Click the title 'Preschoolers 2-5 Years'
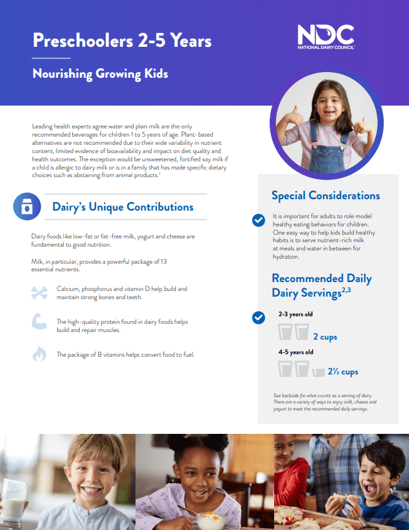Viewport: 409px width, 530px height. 122,41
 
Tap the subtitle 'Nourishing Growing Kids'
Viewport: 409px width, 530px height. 100,74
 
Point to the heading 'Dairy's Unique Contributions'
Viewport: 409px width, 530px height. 122,207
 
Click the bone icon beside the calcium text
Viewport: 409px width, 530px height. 39,292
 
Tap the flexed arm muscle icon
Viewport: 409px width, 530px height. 39,322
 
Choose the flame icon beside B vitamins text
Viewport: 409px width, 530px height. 39,354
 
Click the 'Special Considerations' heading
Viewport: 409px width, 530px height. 325,195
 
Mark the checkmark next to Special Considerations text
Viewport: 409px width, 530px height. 258,220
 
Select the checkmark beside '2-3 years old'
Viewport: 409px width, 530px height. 258,317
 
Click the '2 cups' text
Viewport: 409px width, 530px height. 325,337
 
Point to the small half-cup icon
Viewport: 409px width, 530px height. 318,373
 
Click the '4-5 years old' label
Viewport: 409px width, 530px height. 296,352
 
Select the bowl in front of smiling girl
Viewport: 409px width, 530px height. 208,520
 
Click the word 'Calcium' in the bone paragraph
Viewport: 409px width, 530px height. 69,289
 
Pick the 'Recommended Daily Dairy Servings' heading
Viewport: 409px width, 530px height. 322,285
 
